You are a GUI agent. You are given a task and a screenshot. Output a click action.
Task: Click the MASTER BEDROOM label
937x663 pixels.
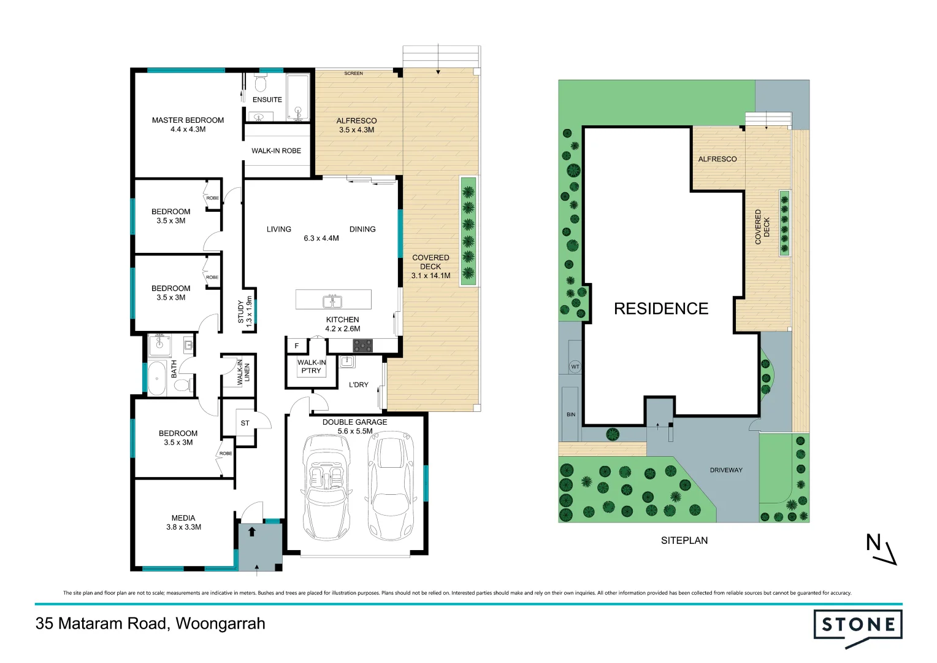188,120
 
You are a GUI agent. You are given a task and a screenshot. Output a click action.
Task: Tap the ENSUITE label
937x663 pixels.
267,99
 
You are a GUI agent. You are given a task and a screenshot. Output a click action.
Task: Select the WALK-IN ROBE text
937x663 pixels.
276,150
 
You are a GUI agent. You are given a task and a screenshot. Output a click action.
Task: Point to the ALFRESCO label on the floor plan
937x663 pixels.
356,121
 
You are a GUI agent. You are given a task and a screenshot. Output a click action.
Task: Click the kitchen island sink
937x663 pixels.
332,301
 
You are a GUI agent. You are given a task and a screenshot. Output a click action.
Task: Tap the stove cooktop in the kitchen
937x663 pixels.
362,346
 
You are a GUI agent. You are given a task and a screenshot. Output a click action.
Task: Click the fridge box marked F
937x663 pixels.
297,346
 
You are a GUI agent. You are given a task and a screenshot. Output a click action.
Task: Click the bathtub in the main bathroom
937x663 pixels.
158,378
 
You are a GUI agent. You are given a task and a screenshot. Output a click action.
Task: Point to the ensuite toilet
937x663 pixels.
261,83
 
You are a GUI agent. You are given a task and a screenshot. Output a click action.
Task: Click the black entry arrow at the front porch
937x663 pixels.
251,531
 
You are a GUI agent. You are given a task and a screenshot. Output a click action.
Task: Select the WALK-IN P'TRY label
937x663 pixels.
312,366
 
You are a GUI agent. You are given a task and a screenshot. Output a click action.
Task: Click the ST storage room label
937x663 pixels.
245,423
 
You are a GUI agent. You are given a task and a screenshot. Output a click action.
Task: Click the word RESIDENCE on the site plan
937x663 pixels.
661,308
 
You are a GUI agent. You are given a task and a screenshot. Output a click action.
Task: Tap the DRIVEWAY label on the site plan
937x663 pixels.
726,470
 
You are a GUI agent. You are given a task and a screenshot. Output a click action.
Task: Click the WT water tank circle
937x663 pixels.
575,366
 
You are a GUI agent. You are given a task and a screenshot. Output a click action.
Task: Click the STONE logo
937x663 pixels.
858,626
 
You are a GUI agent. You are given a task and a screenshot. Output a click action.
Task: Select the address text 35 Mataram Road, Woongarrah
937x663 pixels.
150,624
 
